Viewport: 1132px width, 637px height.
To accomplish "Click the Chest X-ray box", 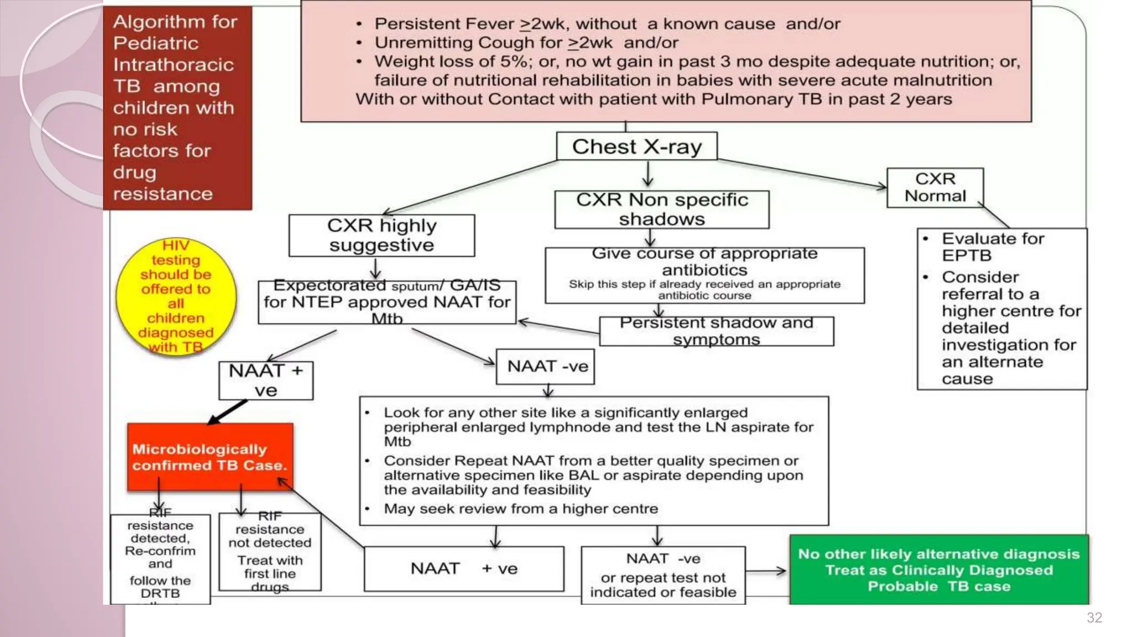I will tap(636, 147).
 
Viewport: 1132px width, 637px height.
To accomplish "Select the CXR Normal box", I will tap(935, 187).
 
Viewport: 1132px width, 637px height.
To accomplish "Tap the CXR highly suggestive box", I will tap(381, 236).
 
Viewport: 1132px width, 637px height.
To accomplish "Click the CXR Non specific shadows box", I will tap(662, 210).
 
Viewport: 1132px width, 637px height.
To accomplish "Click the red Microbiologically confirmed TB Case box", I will tap(210, 457).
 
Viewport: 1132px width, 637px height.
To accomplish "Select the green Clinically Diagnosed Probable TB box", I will tap(939, 570).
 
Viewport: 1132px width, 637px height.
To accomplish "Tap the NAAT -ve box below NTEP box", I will tap(546, 366).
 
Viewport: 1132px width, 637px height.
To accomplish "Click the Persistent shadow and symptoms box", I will tap(716, 331).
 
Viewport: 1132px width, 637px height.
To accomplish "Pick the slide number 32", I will tap(1094, 618).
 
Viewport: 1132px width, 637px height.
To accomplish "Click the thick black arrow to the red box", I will tap(228, 412).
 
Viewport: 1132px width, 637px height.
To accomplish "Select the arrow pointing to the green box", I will tap(767, 571).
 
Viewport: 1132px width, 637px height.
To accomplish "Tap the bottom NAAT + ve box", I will tap(464, 568).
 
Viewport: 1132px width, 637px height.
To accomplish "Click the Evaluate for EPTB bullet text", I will tap(993, 247).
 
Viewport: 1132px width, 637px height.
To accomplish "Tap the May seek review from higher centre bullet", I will tap(521, 509).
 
